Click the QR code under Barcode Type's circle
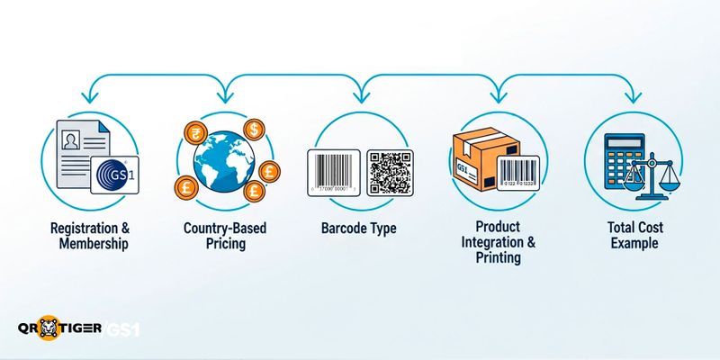[x=389, y=172]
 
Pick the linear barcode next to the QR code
[x=334, y=171]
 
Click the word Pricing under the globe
[x=225, y=243]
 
